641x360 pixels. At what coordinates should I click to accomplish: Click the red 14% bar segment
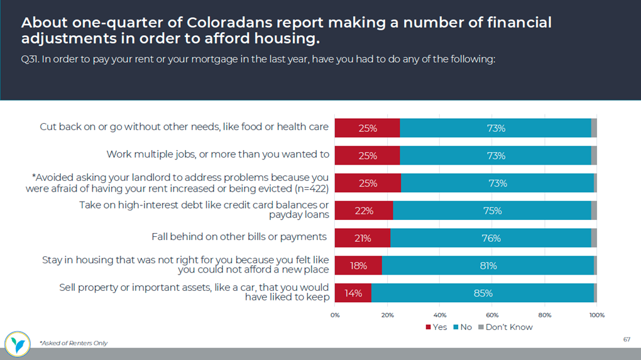(353, 293)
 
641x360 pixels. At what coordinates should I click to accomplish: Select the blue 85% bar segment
(483, 293)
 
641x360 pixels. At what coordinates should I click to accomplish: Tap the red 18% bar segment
(358, 265)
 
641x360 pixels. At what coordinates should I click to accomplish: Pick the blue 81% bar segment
(488, 265)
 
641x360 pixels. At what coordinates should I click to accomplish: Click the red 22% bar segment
(363, 210)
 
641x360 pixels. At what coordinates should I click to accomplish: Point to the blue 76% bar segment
(490, 238)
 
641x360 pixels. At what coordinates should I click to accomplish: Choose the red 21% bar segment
(362, 238)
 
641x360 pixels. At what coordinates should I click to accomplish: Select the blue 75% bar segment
(491, 210)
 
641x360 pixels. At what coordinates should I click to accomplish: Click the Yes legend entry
(436, 327)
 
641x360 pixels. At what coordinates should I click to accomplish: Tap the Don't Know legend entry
(505, 327)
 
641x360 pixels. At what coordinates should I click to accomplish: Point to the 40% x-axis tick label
(440, 314)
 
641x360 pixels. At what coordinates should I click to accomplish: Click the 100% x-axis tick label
(596, 314)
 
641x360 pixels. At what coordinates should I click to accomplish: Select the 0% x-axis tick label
(335, 314)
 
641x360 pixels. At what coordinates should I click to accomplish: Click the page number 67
(626, 339)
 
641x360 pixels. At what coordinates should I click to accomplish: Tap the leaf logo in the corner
(17, 343)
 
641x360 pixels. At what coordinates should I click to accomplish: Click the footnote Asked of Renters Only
(74, 343)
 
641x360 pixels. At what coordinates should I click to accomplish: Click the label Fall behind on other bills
(239, 237)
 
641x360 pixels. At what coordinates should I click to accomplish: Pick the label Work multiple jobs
(217, 154)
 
